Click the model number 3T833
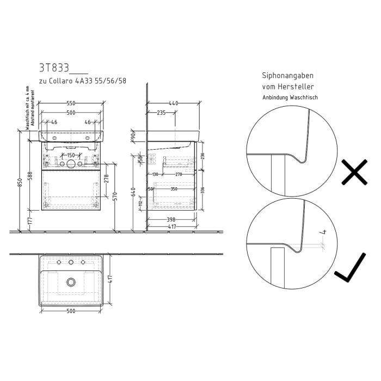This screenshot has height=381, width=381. click(x=54, y=68)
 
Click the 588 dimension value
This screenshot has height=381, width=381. click(x=30, y=176)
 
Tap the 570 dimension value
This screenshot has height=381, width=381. click(x=115, y=196)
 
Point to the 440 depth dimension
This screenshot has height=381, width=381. click(x=174, y=103)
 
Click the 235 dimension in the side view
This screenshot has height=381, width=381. click(x=162, y=113)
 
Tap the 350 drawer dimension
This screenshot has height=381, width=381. click(x=174, y=189)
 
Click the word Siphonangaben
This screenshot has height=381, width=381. click(x=288, y=76)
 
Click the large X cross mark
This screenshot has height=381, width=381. click(x=354, y=173)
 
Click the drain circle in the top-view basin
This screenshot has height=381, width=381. click(x=71, y=281)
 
